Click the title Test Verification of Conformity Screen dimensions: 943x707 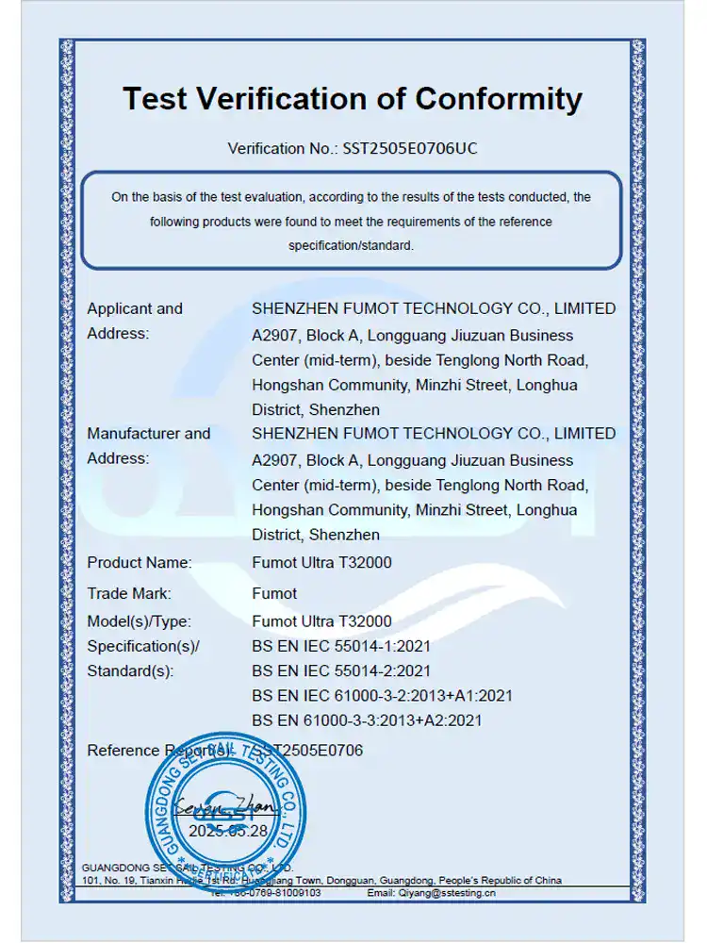[x=353, y=99]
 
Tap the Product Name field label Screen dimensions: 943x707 [x=140, y=563]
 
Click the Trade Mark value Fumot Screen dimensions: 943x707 [x=274, y=593]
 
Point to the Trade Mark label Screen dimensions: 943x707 [x=129, y=593]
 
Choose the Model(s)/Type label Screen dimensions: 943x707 [x=139, y=621]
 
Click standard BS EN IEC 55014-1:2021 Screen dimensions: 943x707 [x=341, y=647]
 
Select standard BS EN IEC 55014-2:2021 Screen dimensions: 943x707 [x=341, y=671]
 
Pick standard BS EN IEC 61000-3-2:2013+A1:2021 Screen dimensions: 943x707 [x=383, y=696]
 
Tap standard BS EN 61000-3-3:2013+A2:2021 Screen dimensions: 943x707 [x=368, y=720]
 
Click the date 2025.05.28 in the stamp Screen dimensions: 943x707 [x=228, y=831]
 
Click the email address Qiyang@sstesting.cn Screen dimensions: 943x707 [x=445, y=892]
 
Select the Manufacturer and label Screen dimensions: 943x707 [x=149, y=434]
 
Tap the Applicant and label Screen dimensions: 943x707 [x=135, y=308]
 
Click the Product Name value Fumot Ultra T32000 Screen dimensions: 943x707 [x=321, y=563]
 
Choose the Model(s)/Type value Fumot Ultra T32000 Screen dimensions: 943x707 [x=321, y=621]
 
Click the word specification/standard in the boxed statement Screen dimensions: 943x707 [x=352, y=246]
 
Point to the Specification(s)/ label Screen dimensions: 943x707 [x=143, y=647]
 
